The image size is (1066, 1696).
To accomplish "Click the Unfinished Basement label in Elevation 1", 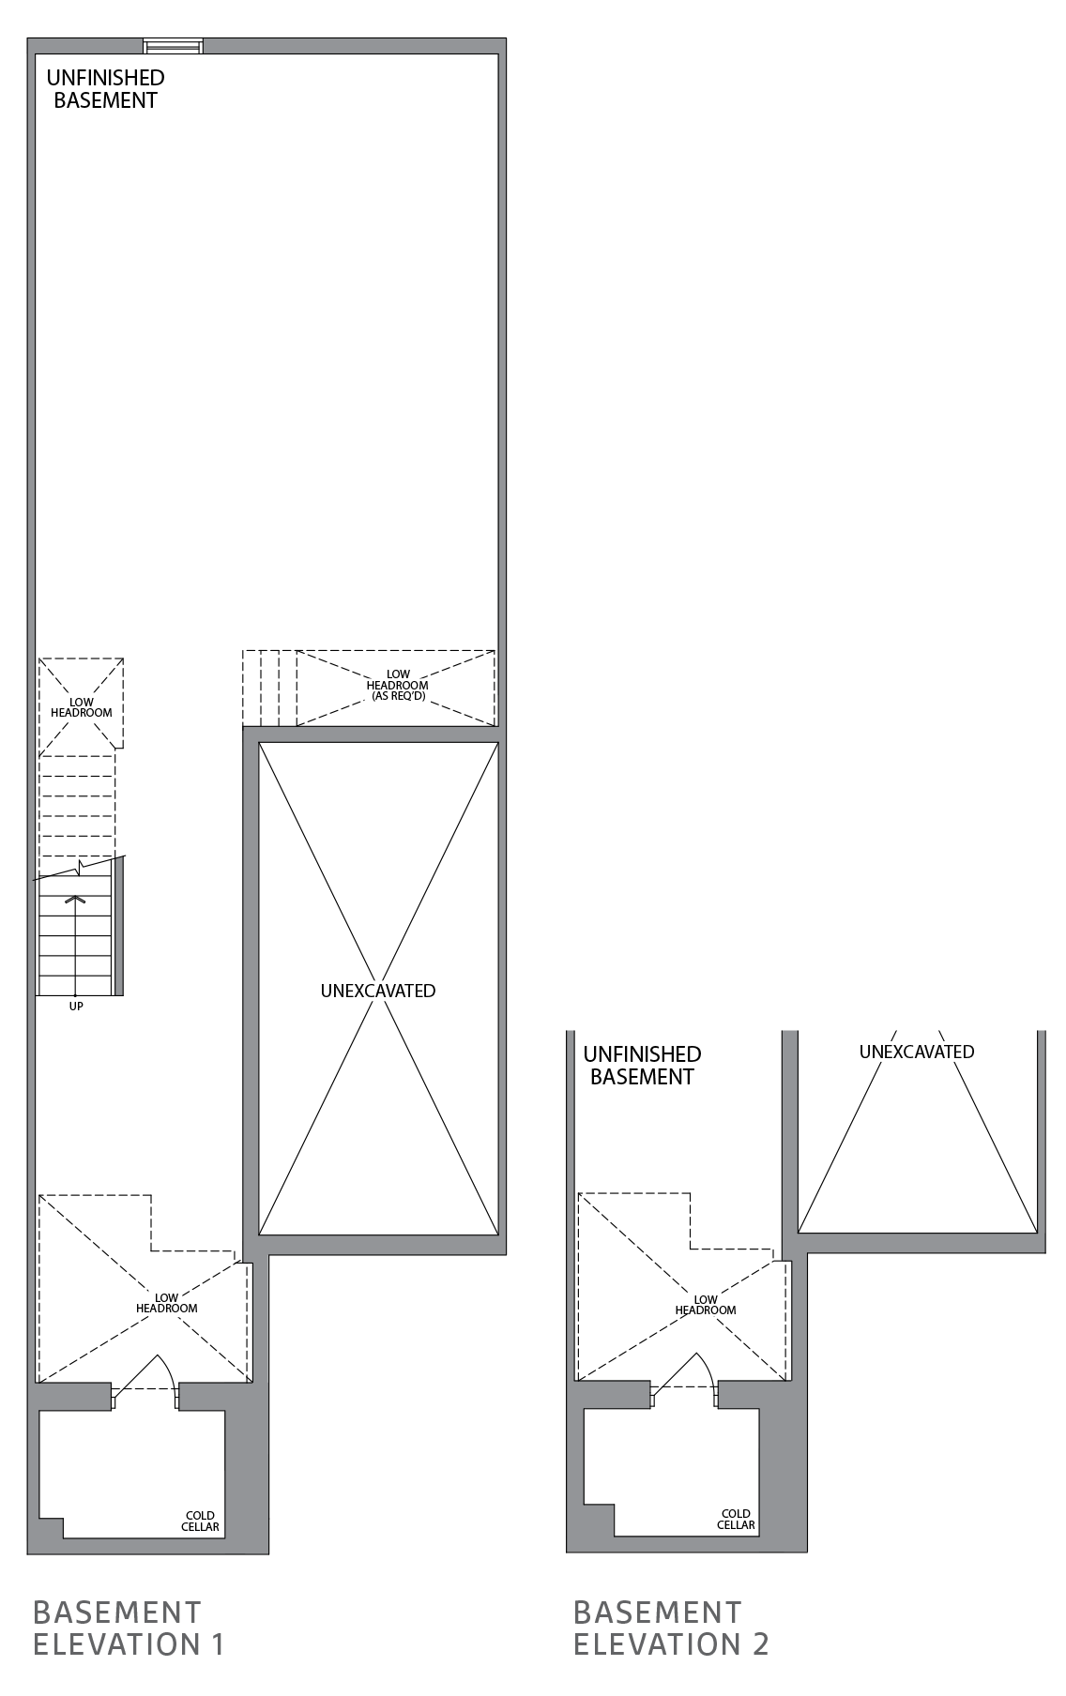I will tap(105, 89).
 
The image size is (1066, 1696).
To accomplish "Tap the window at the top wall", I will tap(174, 46).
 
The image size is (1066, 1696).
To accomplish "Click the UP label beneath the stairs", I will tap(76, 1007).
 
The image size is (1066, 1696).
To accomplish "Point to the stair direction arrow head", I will tap(74, 900).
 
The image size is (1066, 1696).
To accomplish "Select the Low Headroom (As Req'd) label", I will tap(397, 686).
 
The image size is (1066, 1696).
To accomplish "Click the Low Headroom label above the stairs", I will tap(81, 707).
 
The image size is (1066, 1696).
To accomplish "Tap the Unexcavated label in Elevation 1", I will tap(378, 991).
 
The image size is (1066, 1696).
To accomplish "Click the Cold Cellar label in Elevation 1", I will tap(201, 1521).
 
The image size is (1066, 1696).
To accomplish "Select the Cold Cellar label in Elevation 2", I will tap(736, 1519).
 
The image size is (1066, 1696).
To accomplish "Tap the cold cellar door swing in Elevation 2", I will tap(699, 1370).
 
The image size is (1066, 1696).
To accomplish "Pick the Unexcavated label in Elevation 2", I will tap(917, 1052).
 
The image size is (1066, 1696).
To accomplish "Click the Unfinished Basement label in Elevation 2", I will tap(642, 1066).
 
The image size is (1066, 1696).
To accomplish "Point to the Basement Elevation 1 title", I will tap(129, 1628).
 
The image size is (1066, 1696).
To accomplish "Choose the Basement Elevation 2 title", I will tap(671, 1628).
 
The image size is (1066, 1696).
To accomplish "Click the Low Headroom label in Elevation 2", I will tap(706, 1305).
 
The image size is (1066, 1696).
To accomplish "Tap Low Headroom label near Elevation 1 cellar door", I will tap(167, 1303).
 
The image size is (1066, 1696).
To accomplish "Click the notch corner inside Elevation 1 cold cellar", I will tap(63, 1518).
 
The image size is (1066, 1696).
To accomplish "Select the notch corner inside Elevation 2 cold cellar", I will tap(614, 1505).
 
